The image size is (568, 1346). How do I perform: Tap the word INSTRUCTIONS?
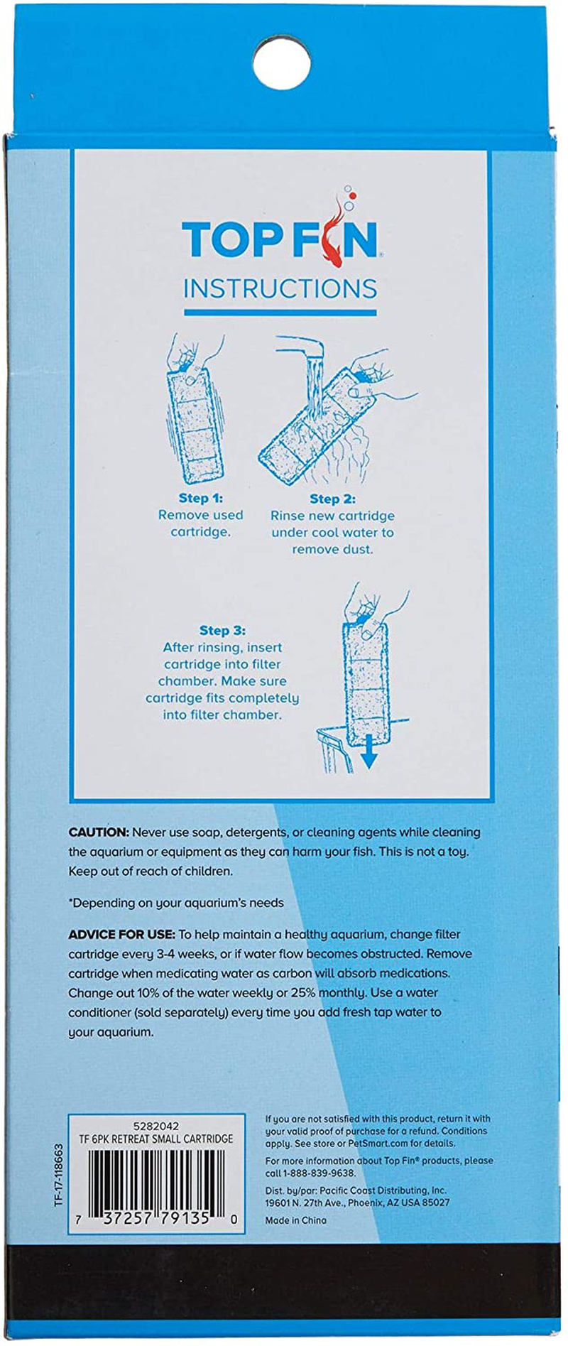pyautogui.click(x=280, y=289)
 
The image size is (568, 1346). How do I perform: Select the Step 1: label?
pyautogui.click(x=200, y=498)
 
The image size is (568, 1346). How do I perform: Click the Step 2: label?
pyautogui.click(x=332, y=499)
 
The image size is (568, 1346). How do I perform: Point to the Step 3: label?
pyautogui.click(x=222, y=630)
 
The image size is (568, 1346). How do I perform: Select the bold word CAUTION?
pyautogui.click(x=99, y=832)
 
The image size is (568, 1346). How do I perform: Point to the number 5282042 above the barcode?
pyautogui.click(x=156, y=1126)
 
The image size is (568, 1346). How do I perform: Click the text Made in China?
pyautogui.click(x=296, y=1220)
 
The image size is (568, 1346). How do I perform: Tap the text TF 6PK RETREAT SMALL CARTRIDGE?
pyautogui.click(x=156, y=1139)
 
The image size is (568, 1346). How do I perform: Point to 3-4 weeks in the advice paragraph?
pyautogui.click(x=190, y=954)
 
